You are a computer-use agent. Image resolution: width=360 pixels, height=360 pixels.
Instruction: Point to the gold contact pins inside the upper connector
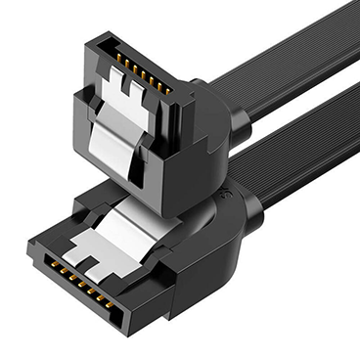point(141,71)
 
